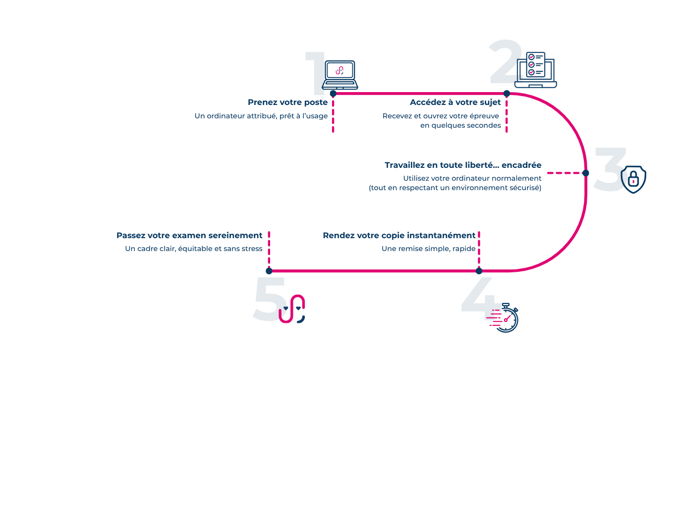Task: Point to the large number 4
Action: pos(478,295)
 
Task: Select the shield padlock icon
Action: pos(633,179)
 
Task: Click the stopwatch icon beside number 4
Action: pos(505,318)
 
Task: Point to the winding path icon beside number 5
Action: pos(292,309)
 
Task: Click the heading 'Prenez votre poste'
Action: pos(287,102)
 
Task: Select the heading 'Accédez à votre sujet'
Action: pos(455,102)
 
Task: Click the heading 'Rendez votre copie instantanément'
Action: pos(398,236)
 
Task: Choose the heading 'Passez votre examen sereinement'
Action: pos(189,236)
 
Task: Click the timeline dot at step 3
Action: pos(585,173)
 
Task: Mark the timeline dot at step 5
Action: pos(269,271)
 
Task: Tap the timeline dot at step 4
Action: pos(479,271)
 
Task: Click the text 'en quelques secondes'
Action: pos(460,126)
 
